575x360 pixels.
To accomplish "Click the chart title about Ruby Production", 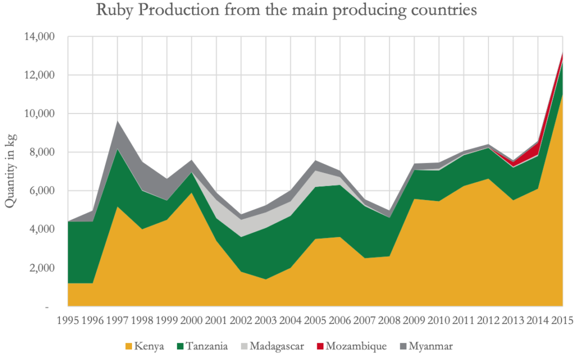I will pyautogui.click(x=286, y=11).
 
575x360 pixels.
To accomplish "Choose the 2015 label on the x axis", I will pyautogui.click(x=562, y=321).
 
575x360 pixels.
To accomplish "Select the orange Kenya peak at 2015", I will pyautogui.click(x=561, y=97).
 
